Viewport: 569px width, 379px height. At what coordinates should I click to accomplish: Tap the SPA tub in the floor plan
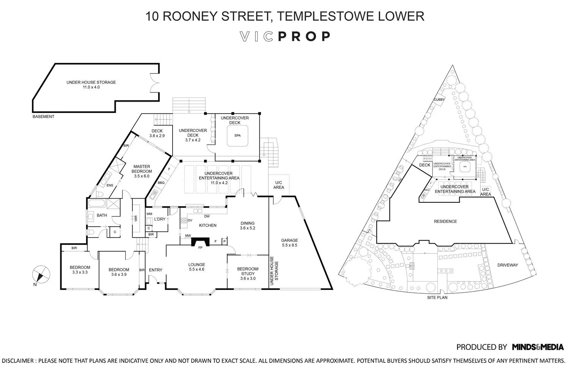tap(237, 135)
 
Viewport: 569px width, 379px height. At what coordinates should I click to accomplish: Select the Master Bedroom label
tap(141, 171)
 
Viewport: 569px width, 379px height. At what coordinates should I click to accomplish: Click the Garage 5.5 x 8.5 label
tap(289, 243)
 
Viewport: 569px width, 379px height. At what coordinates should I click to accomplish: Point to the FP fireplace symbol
tap(200, 243)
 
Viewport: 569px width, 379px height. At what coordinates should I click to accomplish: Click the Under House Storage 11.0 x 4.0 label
tap(91, 85)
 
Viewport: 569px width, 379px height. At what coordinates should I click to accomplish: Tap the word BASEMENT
tap(43, 117)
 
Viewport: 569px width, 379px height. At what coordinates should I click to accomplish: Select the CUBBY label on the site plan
tap(439, 100)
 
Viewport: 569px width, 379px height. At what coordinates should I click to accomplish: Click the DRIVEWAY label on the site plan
tap(508, 265)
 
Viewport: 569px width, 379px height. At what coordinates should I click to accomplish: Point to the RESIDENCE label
tap(445, 221)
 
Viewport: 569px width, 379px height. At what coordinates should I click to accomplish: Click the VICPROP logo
tap(285, 36)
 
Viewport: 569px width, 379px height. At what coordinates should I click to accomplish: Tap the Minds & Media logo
tap(538, 347)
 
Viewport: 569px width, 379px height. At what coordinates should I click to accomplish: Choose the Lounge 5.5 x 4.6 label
tap(196, 267)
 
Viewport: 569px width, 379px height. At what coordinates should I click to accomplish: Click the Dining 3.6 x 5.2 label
tap(247, 226)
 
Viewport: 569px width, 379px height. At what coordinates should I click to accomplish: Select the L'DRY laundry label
tap(160, 219)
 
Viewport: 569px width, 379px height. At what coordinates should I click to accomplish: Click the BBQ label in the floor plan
tap(161, 183)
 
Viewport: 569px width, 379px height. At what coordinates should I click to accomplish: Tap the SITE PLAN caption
tap(437, 298)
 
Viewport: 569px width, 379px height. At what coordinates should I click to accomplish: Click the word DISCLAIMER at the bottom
tap(17, 361)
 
